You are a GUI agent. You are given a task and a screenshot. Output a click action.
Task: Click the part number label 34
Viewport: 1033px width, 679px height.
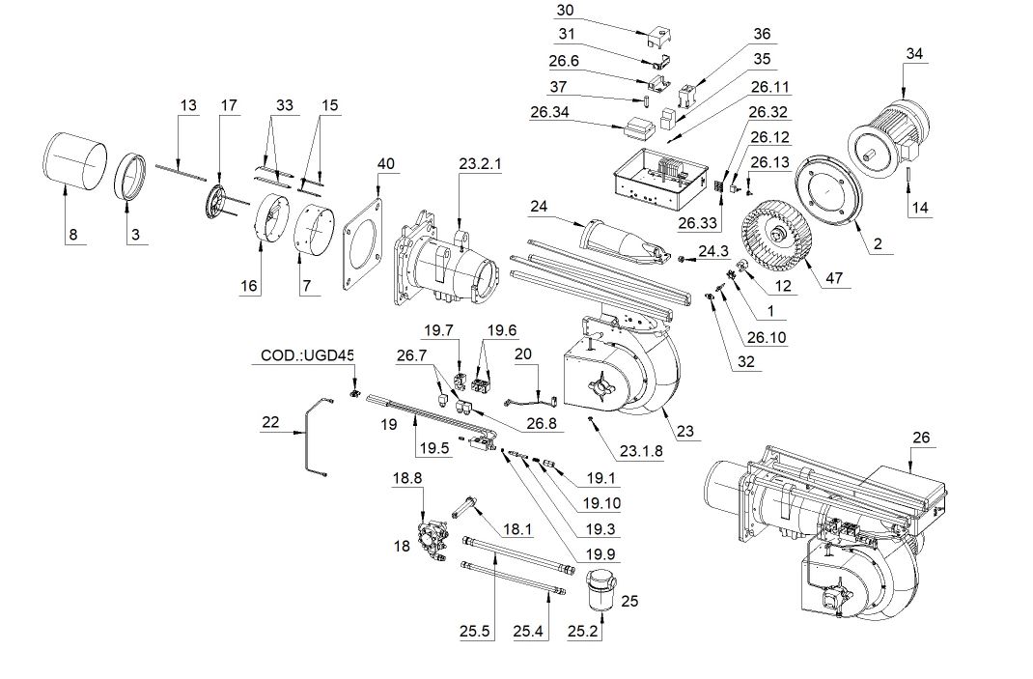tap(914, 54)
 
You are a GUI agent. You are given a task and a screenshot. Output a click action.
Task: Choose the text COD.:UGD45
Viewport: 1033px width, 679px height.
tap(306, 356)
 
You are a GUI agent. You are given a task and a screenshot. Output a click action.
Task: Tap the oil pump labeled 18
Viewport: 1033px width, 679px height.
tap(430, 537)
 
